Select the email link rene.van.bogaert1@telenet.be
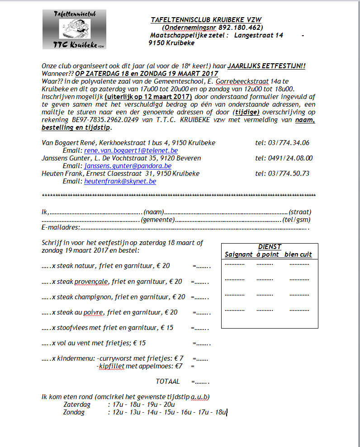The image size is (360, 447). point(131,150)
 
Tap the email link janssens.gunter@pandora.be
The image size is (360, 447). point(128,166)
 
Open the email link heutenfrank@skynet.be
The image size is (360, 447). point(120,181)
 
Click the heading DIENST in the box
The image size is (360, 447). point(270,247)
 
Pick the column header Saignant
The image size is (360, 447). point(238,254)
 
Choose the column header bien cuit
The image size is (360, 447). point(298,254)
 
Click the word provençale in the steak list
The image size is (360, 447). point(92,282)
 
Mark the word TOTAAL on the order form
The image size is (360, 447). point(168,381)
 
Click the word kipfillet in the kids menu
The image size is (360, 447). point(112,366)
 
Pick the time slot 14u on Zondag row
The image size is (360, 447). point(152,412)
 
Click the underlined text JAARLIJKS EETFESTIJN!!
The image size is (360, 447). point(266,66)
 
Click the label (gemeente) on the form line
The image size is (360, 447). point(158,220)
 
